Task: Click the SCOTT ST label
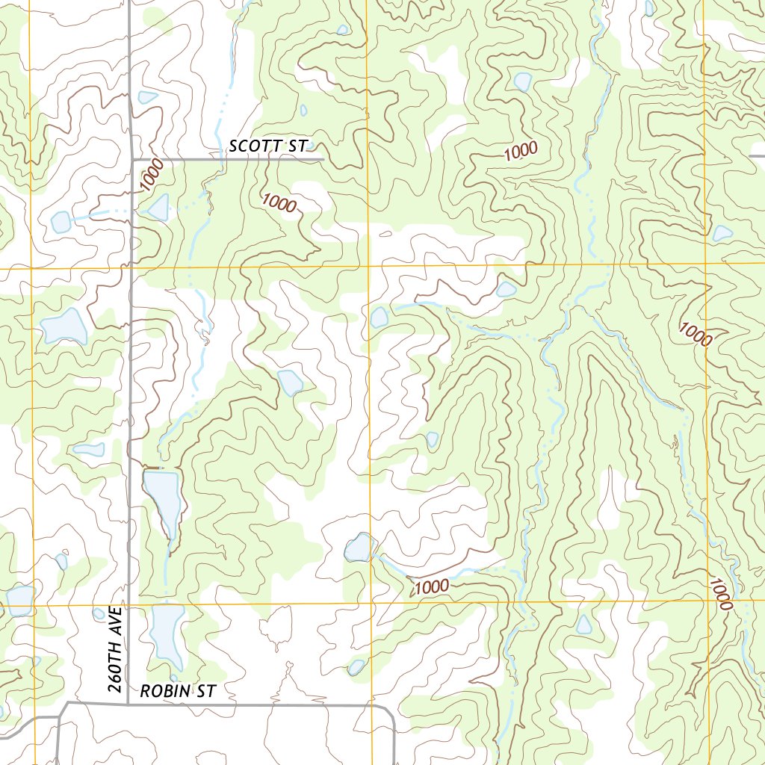pos(267,146)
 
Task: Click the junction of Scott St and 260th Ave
pos(132,160)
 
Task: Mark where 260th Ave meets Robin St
pos(129,703)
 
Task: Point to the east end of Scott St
pos(322,159)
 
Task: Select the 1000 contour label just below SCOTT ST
pos(279,202)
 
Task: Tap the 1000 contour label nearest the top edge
pos(521,151)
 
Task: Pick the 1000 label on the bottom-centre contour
pos(432,586)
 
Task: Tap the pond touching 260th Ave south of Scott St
pos(158,208)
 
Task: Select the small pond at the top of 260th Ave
pos(148,97)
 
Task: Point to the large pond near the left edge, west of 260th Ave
pos(64,326)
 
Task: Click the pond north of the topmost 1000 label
pos(522,81)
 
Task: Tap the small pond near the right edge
pos(722,233)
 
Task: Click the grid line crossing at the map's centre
pos(369,266)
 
